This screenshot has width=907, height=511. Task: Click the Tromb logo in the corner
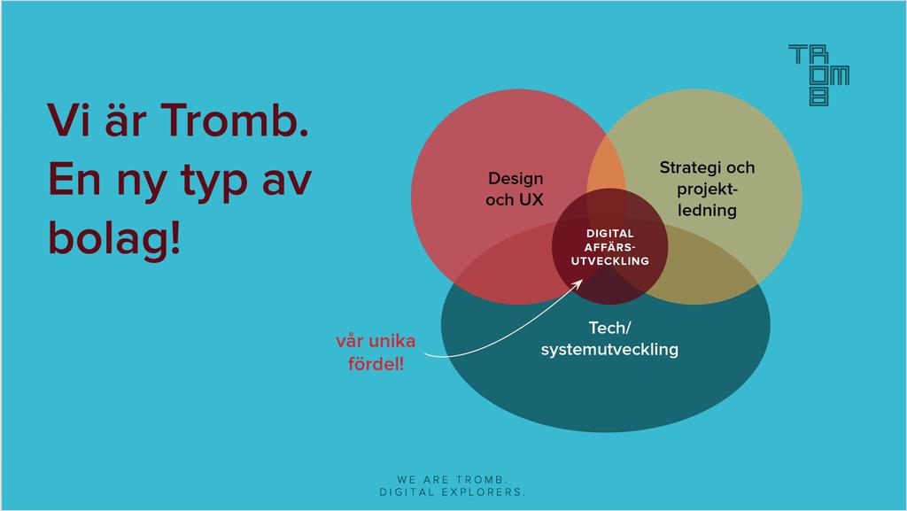click(818, 75)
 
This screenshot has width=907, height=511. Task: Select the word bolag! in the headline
click(114, 239)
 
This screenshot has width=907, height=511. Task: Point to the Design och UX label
click(515, 189)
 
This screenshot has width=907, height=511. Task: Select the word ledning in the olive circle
click(707, 211)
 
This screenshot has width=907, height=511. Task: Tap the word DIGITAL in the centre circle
click(609, 234)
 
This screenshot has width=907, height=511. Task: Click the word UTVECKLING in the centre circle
click(609, 260)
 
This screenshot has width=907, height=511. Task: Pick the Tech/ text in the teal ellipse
click(609, 328)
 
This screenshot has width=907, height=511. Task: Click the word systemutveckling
click(609, 349)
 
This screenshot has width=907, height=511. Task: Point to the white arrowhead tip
click(583, 280)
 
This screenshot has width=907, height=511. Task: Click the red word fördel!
click(376, 364)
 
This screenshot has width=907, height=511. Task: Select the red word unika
click(393, 340)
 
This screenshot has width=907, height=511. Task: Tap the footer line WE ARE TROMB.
click(453, 480)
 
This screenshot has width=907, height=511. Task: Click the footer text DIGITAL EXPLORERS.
click(453, 492)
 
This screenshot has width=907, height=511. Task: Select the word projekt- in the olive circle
click(708, 190)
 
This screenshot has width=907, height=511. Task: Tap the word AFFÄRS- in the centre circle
click(609, 247)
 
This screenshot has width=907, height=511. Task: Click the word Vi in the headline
click(67, 120)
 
